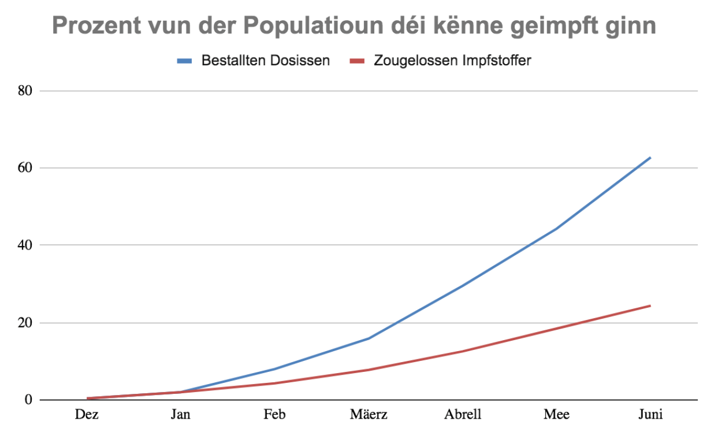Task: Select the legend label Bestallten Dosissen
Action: pyautogui.click(x=265, y=60)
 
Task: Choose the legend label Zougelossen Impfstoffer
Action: pyautogui.click(x=452, y=60)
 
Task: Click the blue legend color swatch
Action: pyautogui.click(x=184, y=61)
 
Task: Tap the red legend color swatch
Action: pyautogui.click(x=358, y=61)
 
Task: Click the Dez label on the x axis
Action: pyautogui.click(x=87, y=415)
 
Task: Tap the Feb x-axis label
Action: pyautogui.click(x=274, y=415)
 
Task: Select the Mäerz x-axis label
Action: pyautogui.click(x=369, y=415)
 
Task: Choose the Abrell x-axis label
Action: pyautogui.click(x=463, y=415)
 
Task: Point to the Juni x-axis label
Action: pyautogui.click(x=650, y=415)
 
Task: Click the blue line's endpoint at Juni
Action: pyautogui.click(x=650, y=157)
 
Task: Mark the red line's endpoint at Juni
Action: pyautogui.click(x=650, y=305)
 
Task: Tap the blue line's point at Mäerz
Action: pyautogui.click(x=369, y=338)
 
